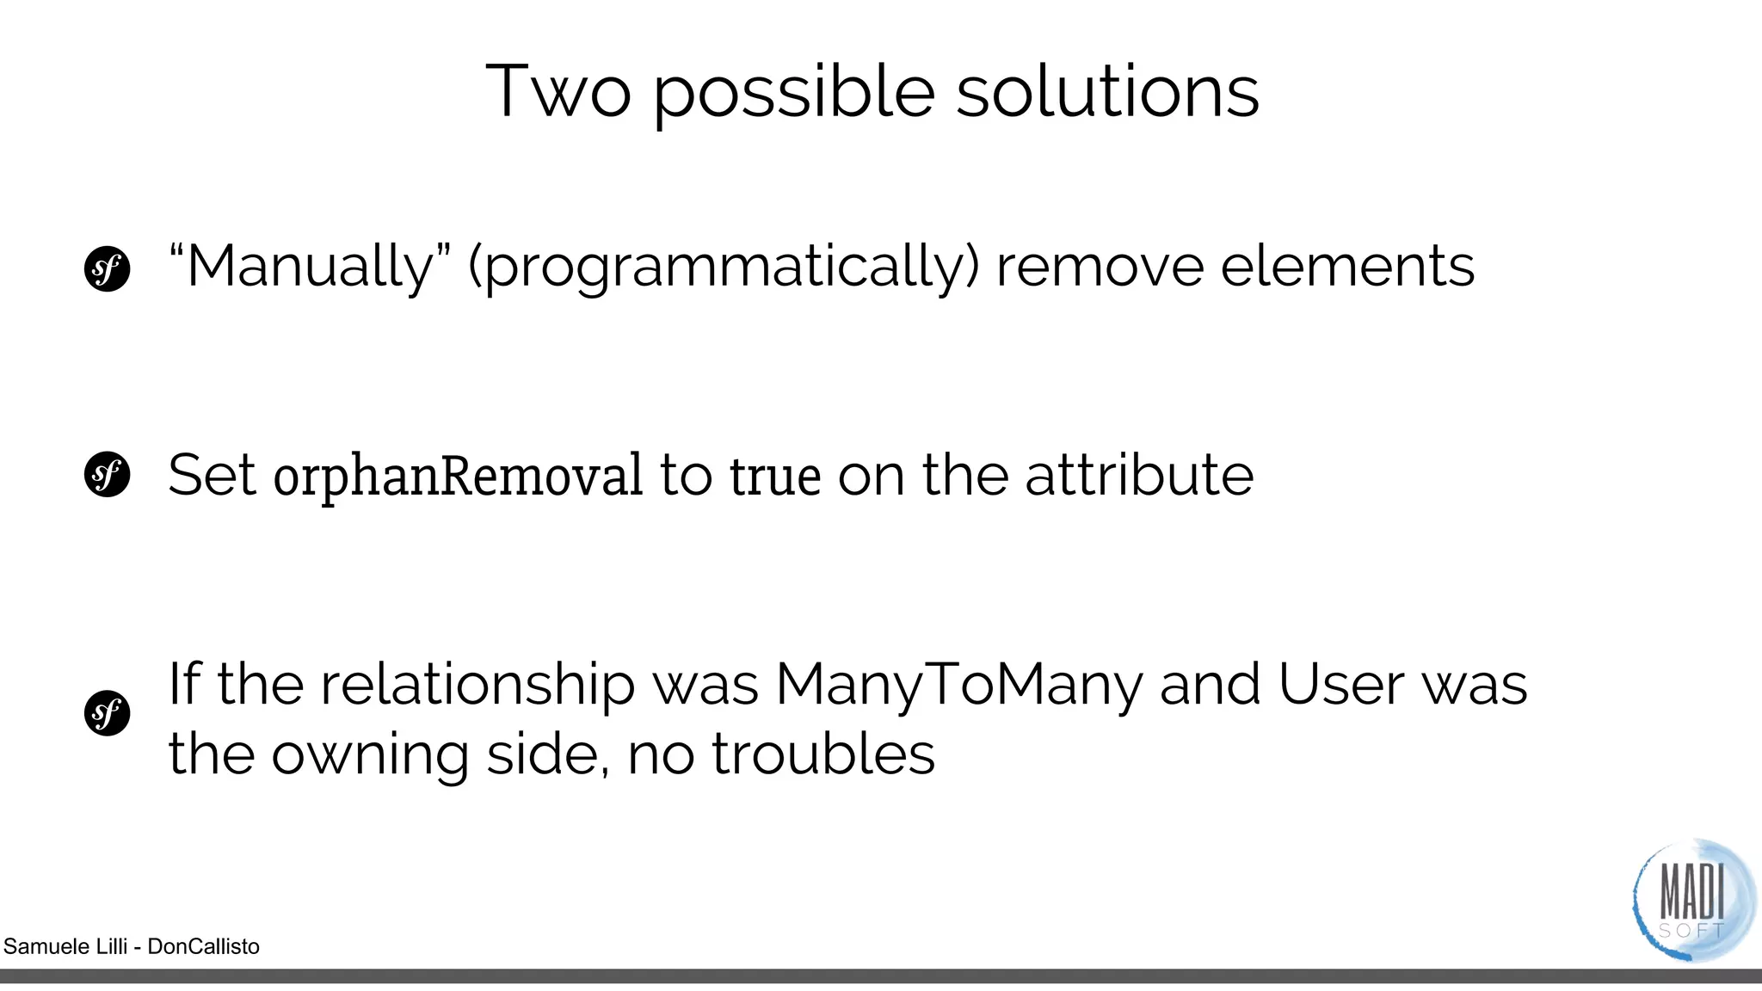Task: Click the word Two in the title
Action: (x=558, y=90)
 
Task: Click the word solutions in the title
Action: (x=1107, y=90)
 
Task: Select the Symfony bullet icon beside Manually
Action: (x=107, y=269)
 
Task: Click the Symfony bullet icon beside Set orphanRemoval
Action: (x=107, y=475)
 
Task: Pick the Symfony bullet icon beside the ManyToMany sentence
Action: (x=107, y=713)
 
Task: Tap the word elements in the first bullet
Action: (x=1347, y=266)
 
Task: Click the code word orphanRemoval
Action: (x=457, y=476)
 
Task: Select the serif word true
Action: (x=774, y=476)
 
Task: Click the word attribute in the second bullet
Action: (x=1139, y=475)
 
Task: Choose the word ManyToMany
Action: (x=958, y=686)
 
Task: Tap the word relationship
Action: (x=477, y=686)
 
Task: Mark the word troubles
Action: (x=823, y=754)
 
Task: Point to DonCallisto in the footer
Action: (x=203, y=946)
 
